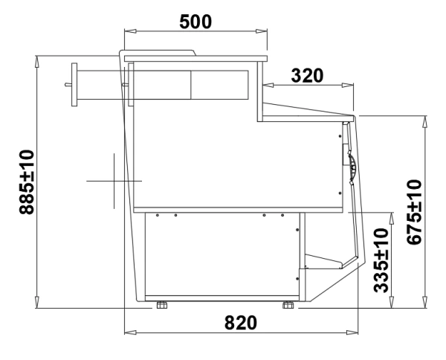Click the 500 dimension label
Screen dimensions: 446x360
coord(195,22)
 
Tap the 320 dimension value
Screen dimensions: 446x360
coord(307,76)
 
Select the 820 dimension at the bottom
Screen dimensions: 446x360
coord(241,323)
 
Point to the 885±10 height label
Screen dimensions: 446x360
coord(27,182)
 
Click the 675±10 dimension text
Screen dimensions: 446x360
coord(414,212)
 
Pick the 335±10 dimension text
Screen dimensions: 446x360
coord(381,260)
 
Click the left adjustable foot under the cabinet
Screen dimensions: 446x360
coord(162,305)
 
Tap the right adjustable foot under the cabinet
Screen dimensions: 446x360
coord(288,305)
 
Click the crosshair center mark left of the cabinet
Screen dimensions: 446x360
coord(114,181)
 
